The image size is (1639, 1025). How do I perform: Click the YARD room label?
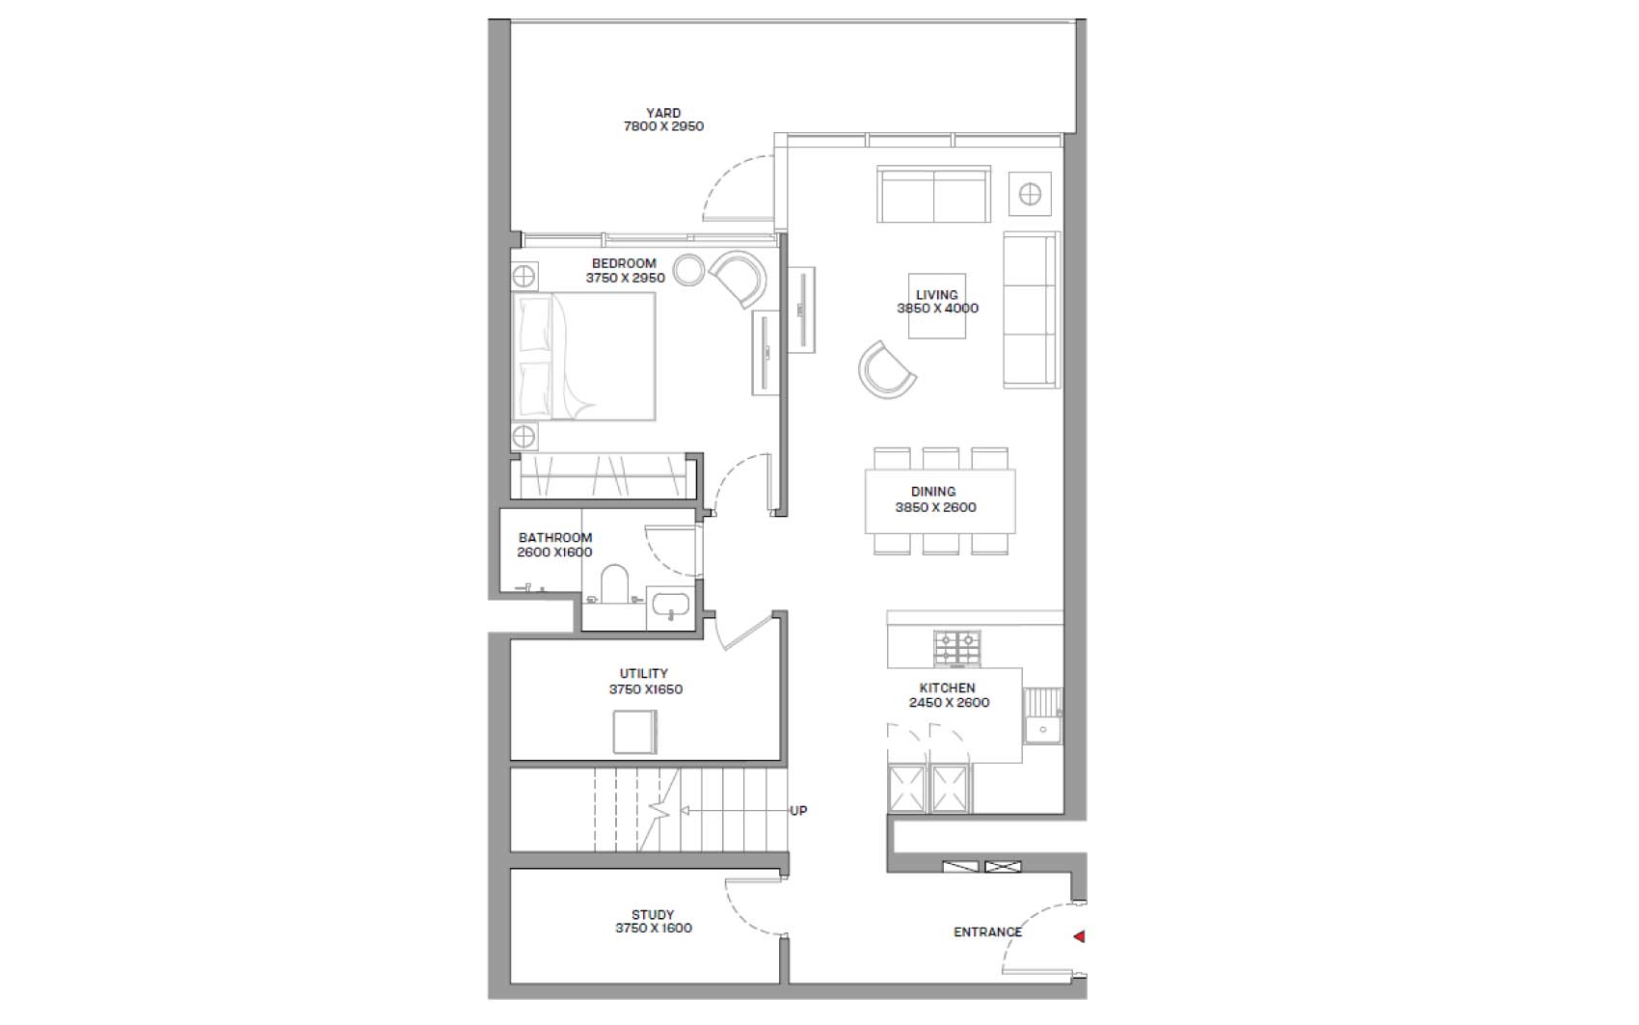click(x=663, y=113)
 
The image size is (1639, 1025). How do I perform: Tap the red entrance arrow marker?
click(x=1079, y=935)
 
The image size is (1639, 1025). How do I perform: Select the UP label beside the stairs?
click(x=798, y=811)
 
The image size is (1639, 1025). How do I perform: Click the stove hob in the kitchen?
click(x=956, y=648)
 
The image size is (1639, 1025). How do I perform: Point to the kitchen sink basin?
click(x=1042, y=729)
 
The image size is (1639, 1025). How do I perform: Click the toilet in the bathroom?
click(x=614, y=584)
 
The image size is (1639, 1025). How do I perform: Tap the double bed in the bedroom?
click(x=584, y=357)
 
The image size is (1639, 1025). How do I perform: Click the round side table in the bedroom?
click(x=687, y=270)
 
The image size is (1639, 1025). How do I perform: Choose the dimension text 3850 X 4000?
click(x=937, y=309)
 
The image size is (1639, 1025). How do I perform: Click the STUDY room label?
click(x=653, y=914)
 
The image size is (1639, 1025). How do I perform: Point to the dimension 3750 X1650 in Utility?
click(x=645, y=689)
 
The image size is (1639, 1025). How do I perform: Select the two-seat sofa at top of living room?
click(x=933, y=195)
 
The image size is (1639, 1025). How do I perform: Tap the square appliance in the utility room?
click(x=634, y=732)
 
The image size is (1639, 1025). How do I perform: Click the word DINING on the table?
click(x=933, y=492)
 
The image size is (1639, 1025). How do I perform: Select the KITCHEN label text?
click(x=948, y=688)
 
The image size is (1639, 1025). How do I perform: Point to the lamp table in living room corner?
click(x=1031, y=195)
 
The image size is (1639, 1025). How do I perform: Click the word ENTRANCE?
click(x=988, y=932)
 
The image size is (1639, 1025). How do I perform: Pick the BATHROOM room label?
click(x=555, y=538)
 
